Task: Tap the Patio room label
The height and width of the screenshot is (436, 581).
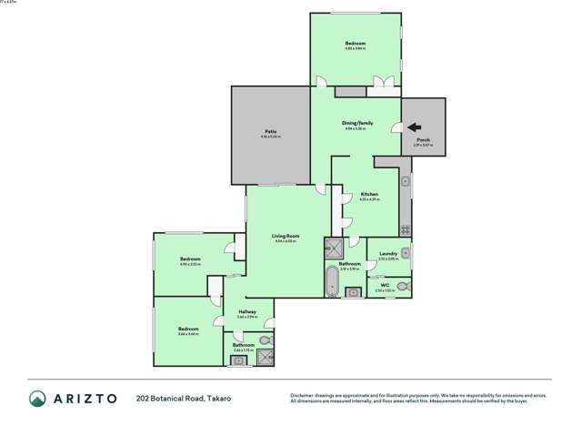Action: click(x=270, y=132)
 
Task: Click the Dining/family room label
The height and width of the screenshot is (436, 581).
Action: click(x=357, y=123)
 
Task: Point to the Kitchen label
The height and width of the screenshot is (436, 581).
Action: click(x=369, y=194)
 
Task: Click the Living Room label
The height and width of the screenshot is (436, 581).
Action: click(x=285, y=237)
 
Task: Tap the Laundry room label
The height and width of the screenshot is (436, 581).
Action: click(x=387, y=255)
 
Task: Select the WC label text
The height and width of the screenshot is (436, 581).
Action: click(x=385, y=286)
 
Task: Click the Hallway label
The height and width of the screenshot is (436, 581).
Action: click(x=247, y=312)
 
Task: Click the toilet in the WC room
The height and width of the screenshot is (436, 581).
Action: click(x=403, y=286)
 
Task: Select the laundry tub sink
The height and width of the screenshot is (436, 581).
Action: click(x=406, y=253)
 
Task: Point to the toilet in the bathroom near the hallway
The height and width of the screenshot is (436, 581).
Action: click(x=264, y=340)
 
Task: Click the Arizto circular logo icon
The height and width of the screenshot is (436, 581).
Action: click(x=37, y=398)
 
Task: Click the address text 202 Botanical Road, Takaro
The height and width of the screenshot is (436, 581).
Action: click(x=183, y=398)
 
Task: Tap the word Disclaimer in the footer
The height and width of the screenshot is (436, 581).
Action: click(x=302, y=395)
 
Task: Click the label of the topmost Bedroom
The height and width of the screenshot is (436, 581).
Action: click(x=355, y=44)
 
